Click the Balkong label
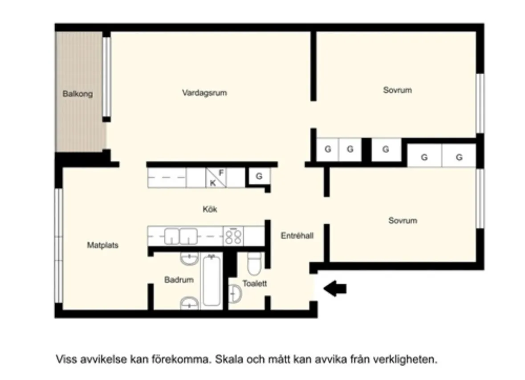pyautogui.click(x=77, y=94)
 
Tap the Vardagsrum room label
pyautogui.click(x=204, y=93)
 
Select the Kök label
pyautogui.click(x=210, y=209)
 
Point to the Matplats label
pyautogui.click(x=102, y=245)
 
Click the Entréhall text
pyautogui.click(x=297, y=236)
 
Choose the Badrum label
pyautogui.click(x=179, y=280)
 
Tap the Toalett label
pyautogui.click(x=255, y=283)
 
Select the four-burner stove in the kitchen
pyautogui.click(x=234, y=236)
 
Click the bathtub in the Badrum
pyautogui.click(x=211, y=280)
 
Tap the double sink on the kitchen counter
pyautogui.click(x=181, y=236)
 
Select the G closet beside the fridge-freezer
pyautogui.click(x=259, y=177)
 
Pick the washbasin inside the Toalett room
pyautogui.click(x=234, y=294)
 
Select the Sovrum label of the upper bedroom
pyautogui.click(x=397, y=90)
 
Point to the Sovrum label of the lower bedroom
pyautogui.click(x=403, y=221)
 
